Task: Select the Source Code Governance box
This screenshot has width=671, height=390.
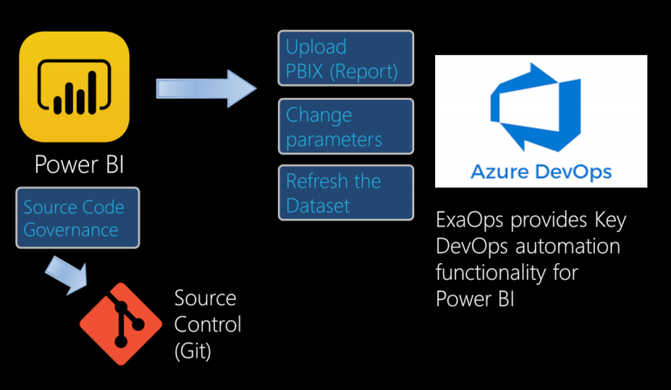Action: tap(73, 219)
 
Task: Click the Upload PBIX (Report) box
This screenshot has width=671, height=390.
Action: tap(346, 59)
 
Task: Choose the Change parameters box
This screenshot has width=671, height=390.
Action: tap(346, 127)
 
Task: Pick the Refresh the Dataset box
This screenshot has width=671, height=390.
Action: tap(346, 193)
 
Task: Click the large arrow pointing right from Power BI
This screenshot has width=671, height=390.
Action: tap(206, 88)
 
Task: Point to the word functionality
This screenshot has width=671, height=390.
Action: tap(489, 273)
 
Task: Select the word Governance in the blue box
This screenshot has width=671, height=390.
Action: tap(71, 230)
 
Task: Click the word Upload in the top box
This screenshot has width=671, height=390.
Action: tap(316, 47)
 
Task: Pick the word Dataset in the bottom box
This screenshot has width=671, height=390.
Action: tap(318, 206)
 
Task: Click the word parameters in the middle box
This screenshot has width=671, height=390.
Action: tap(334, 139)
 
